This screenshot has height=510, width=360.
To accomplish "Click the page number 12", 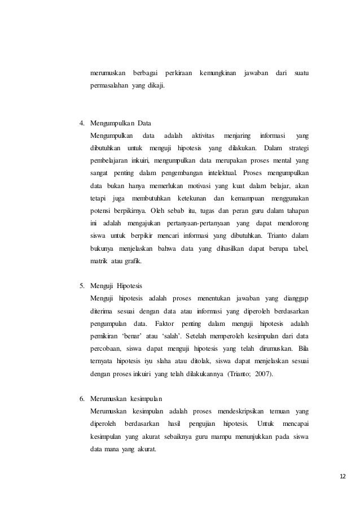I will point(344,477).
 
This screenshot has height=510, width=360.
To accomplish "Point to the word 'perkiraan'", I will point(178,75).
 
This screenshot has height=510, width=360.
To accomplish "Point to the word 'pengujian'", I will point(201,425).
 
